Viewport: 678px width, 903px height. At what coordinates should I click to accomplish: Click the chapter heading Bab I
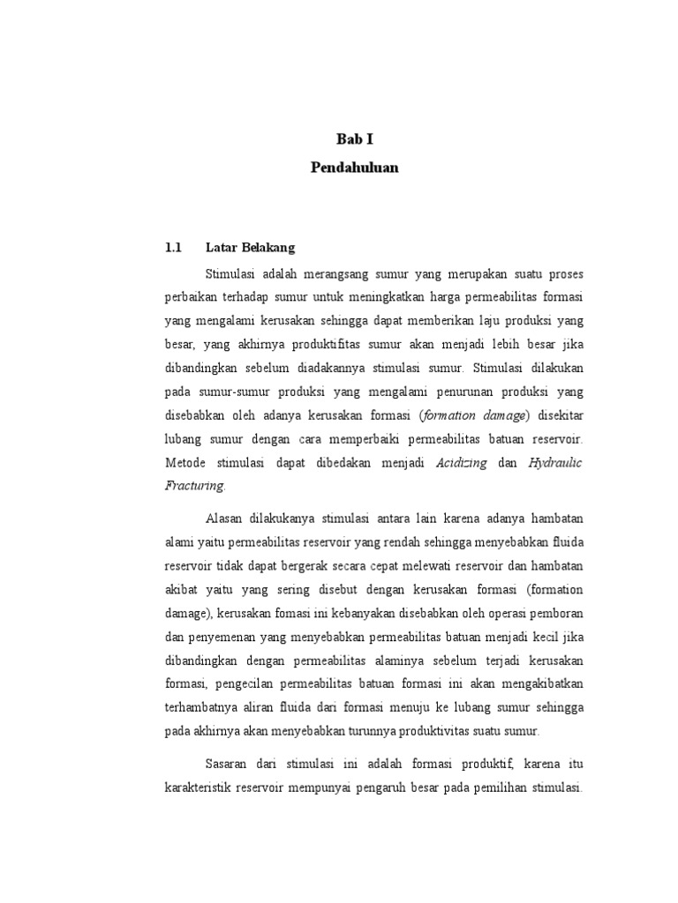[355, 138]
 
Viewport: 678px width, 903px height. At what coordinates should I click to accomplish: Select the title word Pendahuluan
[354, 168]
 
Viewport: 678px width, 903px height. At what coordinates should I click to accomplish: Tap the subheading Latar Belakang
[250, 248]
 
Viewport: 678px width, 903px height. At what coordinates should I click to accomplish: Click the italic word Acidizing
[462, 462]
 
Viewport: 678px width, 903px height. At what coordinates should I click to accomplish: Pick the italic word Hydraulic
[555, 462]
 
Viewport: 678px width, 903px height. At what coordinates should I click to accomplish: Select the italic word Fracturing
[195, 485]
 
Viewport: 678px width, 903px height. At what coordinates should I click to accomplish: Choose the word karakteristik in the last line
[201, 785]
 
